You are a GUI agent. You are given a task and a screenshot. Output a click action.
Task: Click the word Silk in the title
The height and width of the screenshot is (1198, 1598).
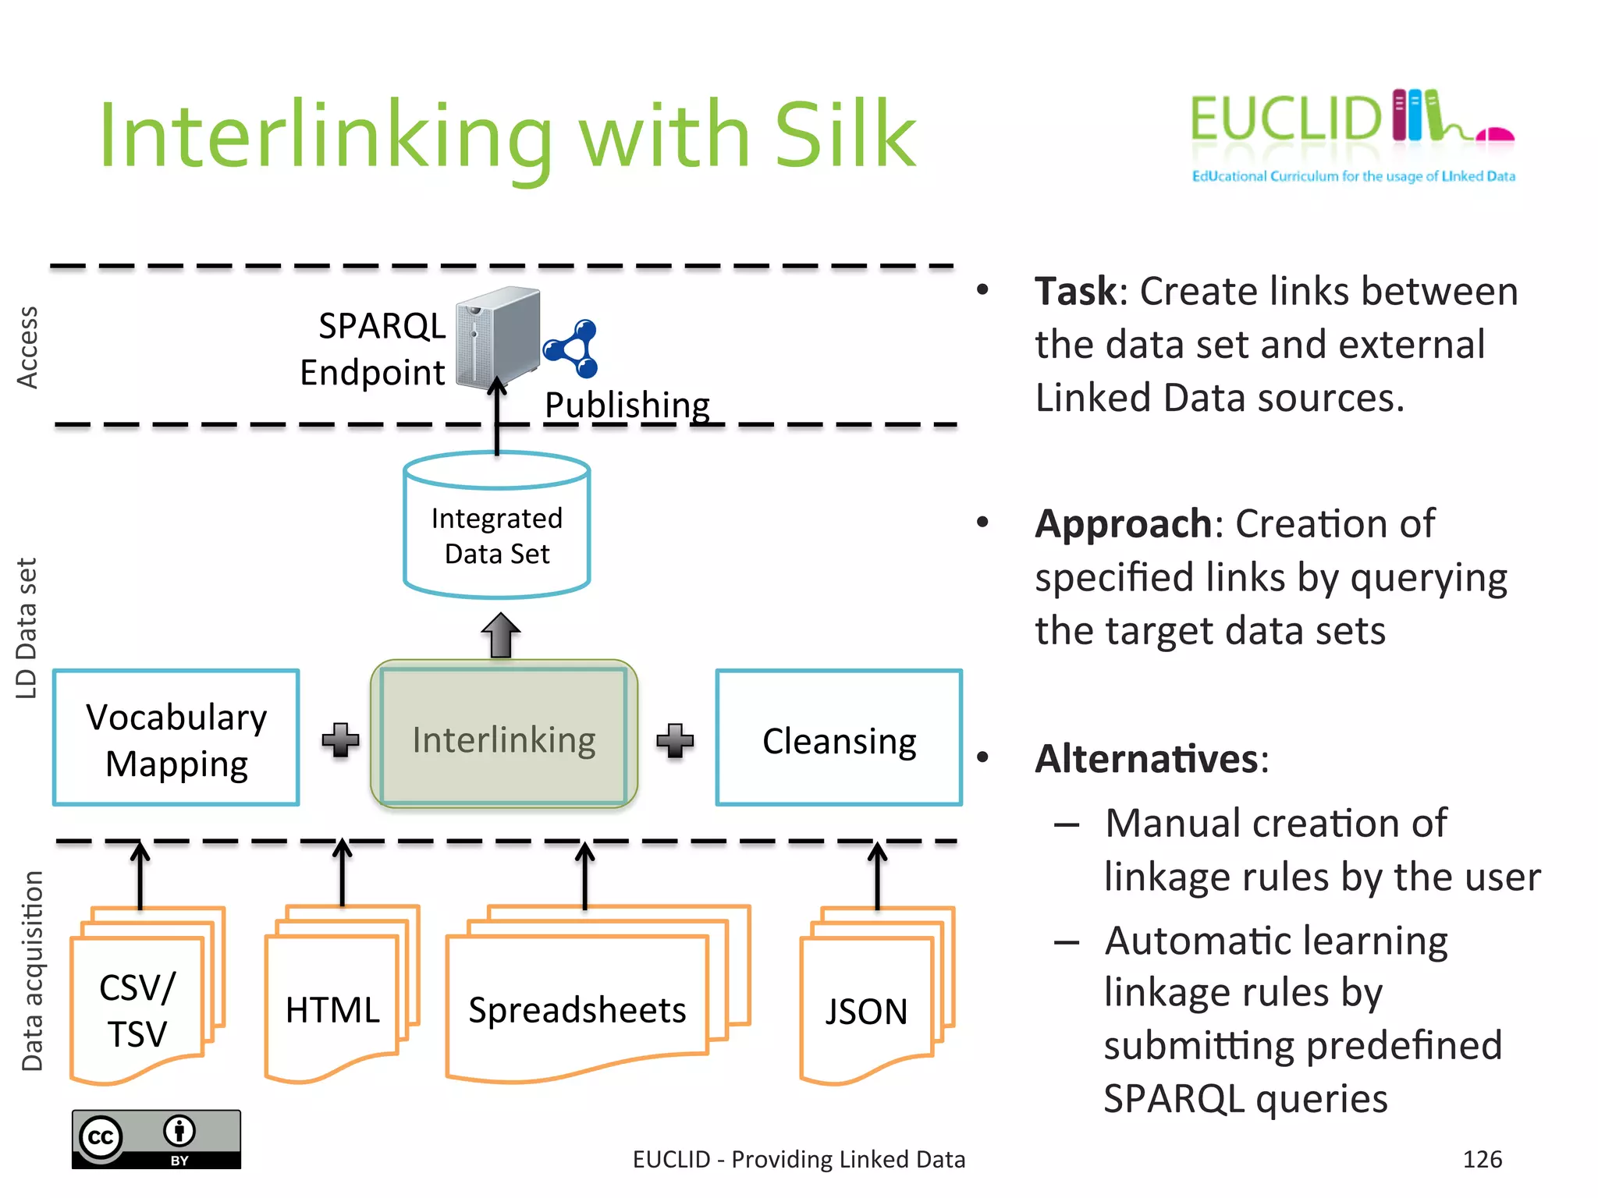pos(844,136)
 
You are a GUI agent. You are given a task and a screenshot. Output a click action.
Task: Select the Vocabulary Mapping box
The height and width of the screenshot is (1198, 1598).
pos(176,738)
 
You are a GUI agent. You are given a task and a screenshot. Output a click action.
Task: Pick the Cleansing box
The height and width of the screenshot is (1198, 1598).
pos(839,738)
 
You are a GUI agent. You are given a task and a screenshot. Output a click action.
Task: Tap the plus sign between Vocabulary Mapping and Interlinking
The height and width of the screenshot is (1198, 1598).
pos(340,739)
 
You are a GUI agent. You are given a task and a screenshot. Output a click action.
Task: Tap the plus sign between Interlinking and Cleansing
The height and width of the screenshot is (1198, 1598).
pos(675,740)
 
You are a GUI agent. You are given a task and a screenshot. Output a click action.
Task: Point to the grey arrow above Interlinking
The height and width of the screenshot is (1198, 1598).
pos(500,635)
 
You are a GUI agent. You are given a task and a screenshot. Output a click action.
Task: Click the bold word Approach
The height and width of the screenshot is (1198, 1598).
pos(1123,524)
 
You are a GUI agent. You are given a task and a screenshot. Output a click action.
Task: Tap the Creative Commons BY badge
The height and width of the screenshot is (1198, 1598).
pos(156,1139)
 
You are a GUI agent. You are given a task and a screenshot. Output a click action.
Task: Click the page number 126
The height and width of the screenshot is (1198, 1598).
pos(1482,1159)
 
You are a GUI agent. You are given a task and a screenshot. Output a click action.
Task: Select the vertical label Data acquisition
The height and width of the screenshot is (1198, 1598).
pos(32,971)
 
